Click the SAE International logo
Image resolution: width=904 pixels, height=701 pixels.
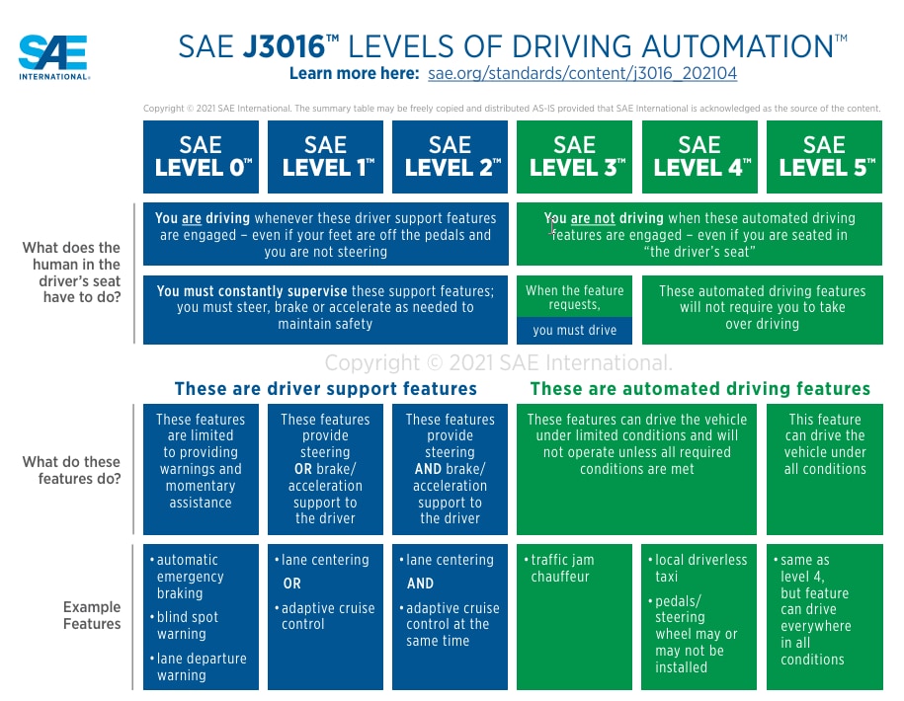coord(54,57)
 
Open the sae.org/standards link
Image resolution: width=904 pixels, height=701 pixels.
coord(582,74)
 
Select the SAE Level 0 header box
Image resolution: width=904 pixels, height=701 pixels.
coord(202,157)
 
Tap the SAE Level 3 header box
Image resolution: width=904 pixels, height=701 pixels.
coord(576,157)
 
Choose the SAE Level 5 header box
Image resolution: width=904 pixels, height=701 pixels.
coord(825,157)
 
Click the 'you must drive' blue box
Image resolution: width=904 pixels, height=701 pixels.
coord(574,331)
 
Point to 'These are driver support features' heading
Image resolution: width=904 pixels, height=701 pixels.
coord(325,389)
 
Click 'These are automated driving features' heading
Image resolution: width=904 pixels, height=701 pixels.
coord(699,389)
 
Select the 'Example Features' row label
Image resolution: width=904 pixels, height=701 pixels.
coord(92,615)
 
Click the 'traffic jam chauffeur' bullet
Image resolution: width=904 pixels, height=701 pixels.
coord(562,568)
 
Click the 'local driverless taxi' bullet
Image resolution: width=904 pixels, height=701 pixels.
coord(699,568)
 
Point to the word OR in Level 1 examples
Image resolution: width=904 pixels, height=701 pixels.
coord(291,584)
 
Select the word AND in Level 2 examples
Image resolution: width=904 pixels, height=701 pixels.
coord(420,584)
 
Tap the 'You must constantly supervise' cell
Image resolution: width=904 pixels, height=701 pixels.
coord(325,307)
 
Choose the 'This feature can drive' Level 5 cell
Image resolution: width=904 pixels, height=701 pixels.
coord(825,444)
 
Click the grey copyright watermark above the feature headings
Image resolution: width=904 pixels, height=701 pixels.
coord(499,362)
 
